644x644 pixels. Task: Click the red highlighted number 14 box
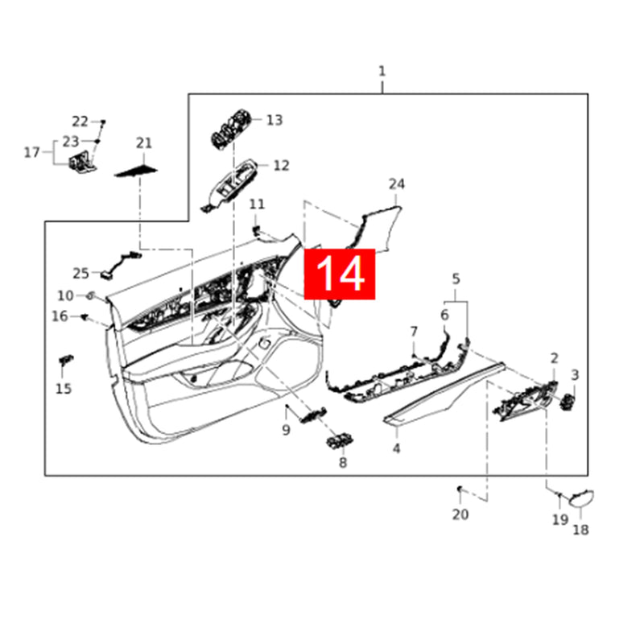(x=339, y=274)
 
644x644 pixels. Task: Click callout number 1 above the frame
(x=382, y=72)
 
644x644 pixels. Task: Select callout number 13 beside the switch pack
(x=275, y=120)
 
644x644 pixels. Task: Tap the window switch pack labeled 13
(x=229, y=129)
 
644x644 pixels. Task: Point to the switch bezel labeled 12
(x=231, y=184)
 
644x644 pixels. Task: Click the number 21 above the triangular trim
(x=144, y=143)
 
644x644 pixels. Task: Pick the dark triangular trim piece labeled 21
(x=135, y=171)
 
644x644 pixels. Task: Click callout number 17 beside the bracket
(x=31, y=152)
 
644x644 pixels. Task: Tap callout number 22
(x=80, y=122)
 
